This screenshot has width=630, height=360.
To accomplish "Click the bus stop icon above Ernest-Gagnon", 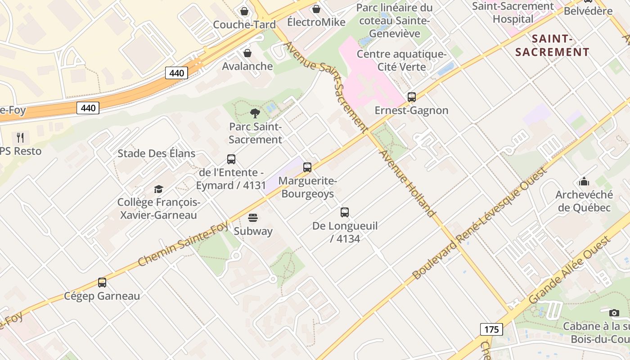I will (411, 97).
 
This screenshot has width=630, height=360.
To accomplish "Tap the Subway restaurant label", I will (253, 231).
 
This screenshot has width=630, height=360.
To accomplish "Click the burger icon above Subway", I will (253, 218).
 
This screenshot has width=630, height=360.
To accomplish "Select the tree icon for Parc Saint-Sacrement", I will (255, 113).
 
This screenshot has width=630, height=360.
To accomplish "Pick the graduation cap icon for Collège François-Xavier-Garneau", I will (158, 189).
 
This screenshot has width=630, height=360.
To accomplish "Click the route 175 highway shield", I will (491, 329).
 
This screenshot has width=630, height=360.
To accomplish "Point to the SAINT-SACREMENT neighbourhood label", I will (552, 45).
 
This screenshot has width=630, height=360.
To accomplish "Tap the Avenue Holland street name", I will (408, 183).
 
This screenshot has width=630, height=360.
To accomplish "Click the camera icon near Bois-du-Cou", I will (614, 313).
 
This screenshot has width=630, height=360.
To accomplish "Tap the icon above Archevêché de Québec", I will (584, 181).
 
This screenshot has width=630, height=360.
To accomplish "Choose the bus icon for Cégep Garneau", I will (102, 283).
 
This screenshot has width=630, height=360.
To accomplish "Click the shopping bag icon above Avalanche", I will (247, 53).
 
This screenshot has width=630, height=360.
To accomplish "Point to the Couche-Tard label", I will (244, 25).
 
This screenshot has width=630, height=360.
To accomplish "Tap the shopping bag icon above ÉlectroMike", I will (316, 9).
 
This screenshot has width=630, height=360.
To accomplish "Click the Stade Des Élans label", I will (156, 153).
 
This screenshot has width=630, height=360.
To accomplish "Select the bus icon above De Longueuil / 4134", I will (345, 212).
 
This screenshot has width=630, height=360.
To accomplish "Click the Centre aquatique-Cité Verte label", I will (401, 61).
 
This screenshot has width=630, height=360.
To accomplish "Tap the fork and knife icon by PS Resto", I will (20, 137).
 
